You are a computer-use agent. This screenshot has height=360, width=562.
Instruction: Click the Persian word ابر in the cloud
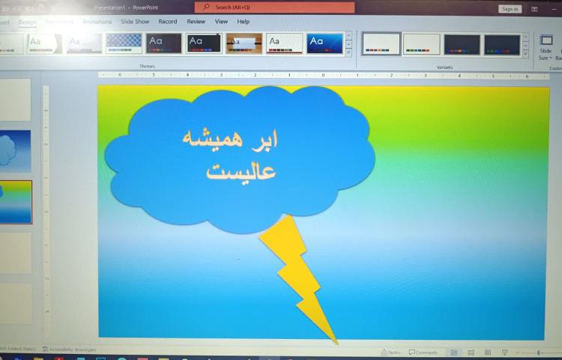click(x=264, y=140)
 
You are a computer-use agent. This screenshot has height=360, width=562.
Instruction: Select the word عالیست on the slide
click(x=241, y=171)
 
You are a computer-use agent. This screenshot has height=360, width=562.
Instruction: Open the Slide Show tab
click(x=135, y=22)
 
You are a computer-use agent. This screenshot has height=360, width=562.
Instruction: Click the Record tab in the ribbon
click(x=168, y=22)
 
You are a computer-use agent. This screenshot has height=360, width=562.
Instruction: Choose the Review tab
click(x=196, y=22)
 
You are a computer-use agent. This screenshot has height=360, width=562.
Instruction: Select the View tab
click(x=221, y=22)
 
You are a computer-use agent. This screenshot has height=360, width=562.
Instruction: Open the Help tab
click(x=243, y=22)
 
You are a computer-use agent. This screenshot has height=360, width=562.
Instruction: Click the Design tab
click(x=27, y=22)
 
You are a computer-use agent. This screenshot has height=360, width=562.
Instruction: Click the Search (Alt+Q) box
click(x=274, y=7)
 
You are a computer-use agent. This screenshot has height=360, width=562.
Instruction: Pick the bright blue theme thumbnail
click(x=324, y=43)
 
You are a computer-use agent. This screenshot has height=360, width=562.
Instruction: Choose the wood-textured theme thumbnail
click(x=244, y=43)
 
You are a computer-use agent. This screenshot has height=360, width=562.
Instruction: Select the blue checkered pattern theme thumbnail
click(x=124, y=43)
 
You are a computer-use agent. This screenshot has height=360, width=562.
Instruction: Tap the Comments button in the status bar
click(x=423, y=352)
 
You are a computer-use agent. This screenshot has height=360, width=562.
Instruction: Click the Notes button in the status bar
click(x=390, y=352)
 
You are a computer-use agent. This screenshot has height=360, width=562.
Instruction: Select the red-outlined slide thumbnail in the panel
click(x=16, y=202)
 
